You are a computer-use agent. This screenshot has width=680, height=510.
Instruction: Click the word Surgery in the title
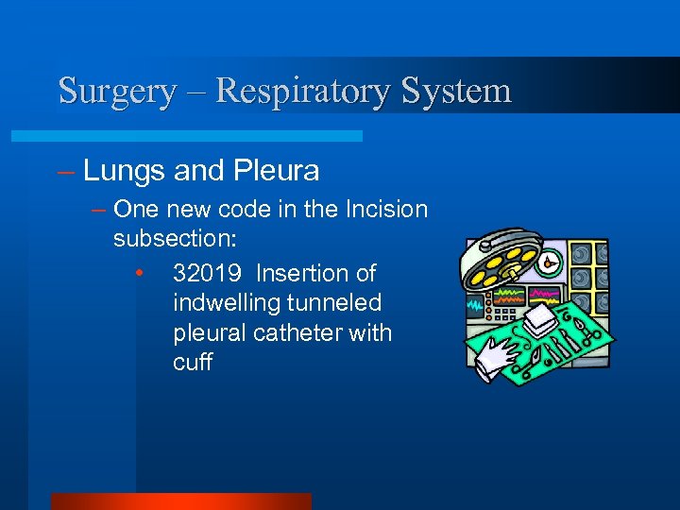click(x=117, y=92)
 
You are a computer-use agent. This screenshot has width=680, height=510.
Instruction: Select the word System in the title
click(x=456, y=92)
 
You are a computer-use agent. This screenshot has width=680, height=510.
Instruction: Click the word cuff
click(x=193, y=364)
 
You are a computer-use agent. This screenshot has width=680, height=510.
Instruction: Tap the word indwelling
click(x=230, y=304)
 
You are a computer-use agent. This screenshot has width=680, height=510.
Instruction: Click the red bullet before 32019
click(x=139, y=274)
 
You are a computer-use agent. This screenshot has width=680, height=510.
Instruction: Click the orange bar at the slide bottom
click(x=180, y=501)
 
